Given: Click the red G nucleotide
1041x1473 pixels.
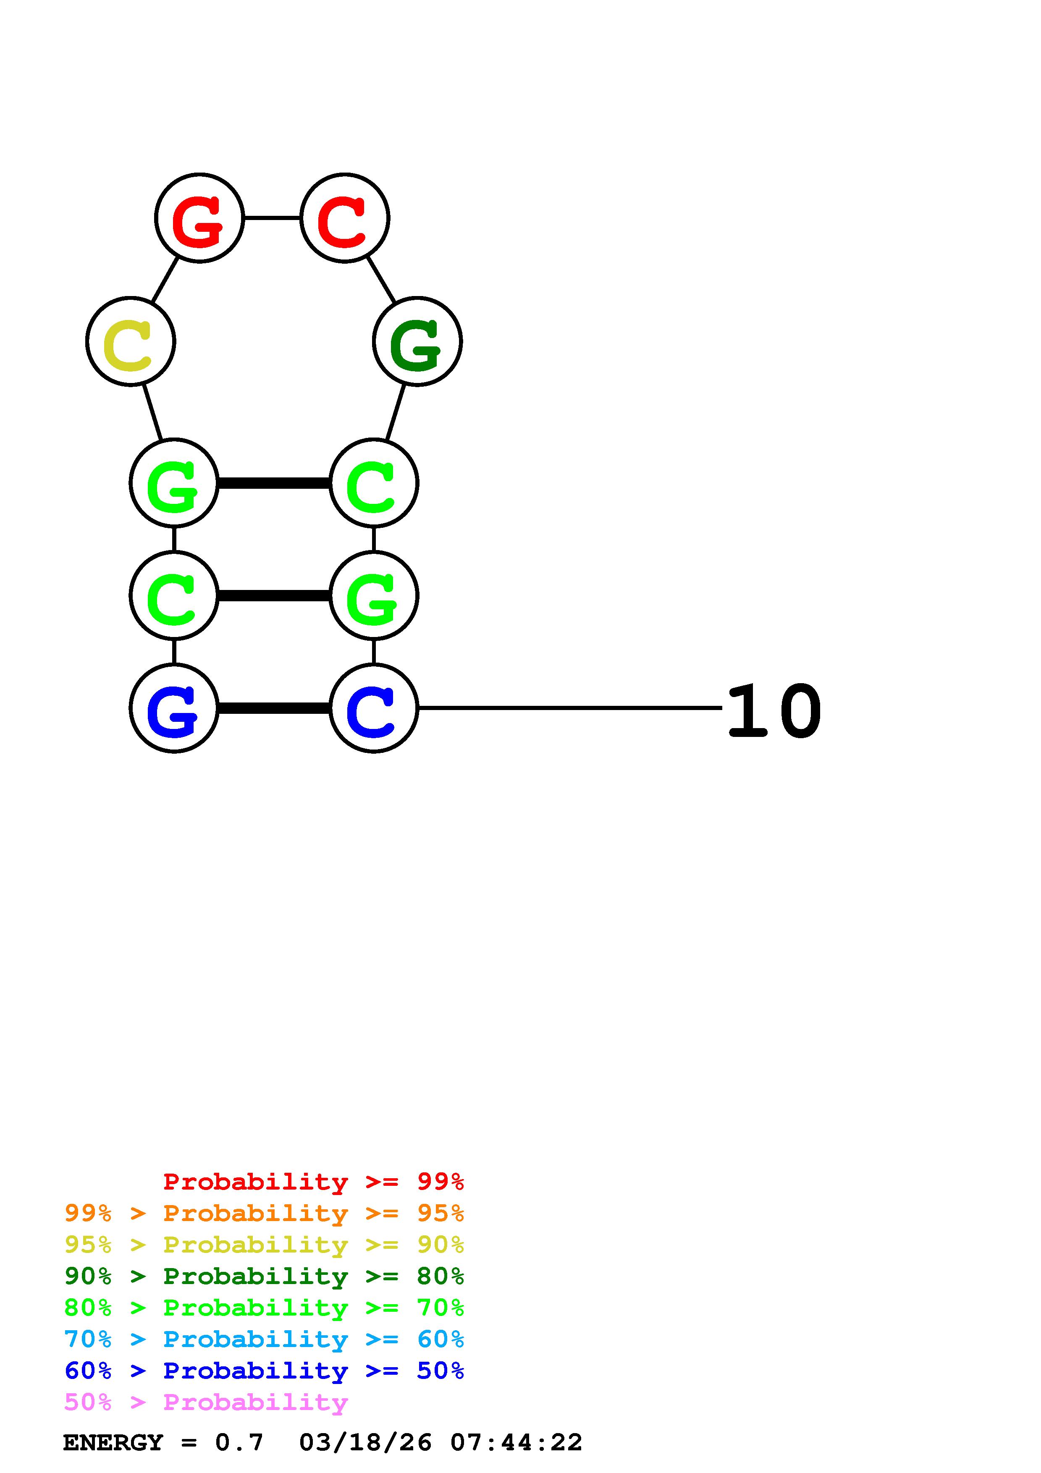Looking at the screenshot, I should [199, 218].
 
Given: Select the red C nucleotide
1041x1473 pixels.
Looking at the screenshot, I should [344, 218].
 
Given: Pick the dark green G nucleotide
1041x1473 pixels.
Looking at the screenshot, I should [417, 341].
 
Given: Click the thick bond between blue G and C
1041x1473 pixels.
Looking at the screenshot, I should [274, 708].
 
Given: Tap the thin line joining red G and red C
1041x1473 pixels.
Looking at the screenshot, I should [272, 218].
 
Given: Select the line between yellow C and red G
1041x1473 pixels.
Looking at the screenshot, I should [165, 280].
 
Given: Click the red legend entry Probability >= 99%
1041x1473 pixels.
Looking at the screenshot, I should [313, 1182].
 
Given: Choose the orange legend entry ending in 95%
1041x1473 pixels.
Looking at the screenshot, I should [264, 1213].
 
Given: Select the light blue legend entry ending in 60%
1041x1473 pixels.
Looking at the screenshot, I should [264, 1339].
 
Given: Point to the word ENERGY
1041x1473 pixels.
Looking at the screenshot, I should [113, 1442].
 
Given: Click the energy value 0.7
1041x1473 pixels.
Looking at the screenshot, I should [239, 1442].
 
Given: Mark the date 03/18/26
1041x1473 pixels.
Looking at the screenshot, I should [365, 1442].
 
